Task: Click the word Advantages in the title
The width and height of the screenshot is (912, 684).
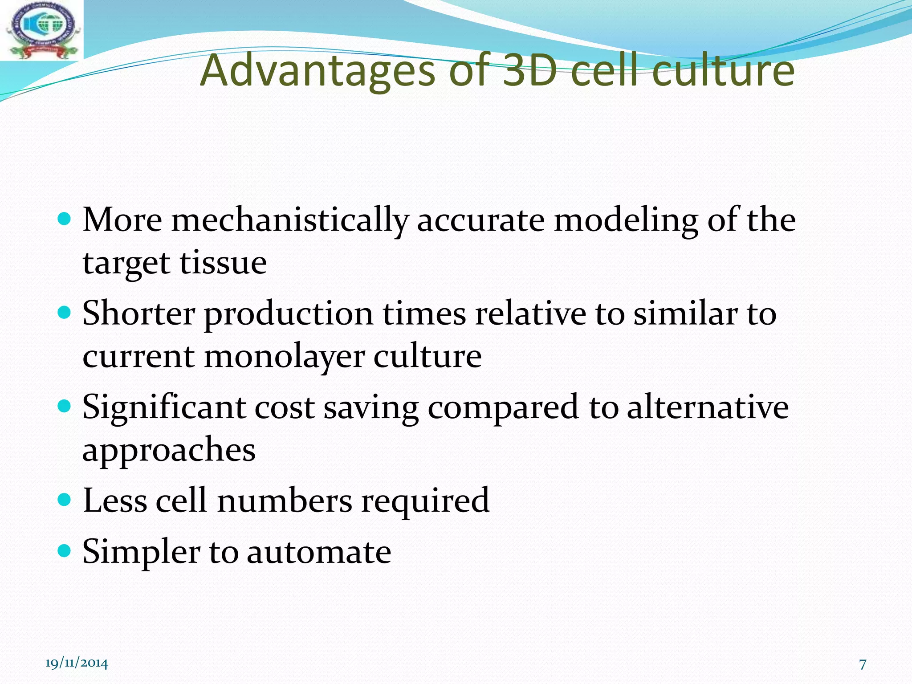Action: pos(317,71)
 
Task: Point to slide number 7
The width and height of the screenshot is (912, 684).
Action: pos(863,664)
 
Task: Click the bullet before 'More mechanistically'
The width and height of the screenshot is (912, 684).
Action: pos(65,219)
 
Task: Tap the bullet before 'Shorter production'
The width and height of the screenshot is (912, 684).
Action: pos(65,313)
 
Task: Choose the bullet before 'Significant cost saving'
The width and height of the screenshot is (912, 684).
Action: pos(65,406)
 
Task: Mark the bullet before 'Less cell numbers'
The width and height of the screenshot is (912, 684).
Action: pos(65,500)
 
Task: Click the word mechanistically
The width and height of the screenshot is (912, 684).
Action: pos(290,221)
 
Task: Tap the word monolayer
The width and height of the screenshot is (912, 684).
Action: pos(285,358)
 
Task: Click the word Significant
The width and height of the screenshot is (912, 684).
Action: pos(164,408)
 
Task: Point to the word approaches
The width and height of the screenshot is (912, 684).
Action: pos(169,451)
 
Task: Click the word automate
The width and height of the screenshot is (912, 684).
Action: pos(319,552)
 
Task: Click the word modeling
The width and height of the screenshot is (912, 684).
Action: pos(626,221)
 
